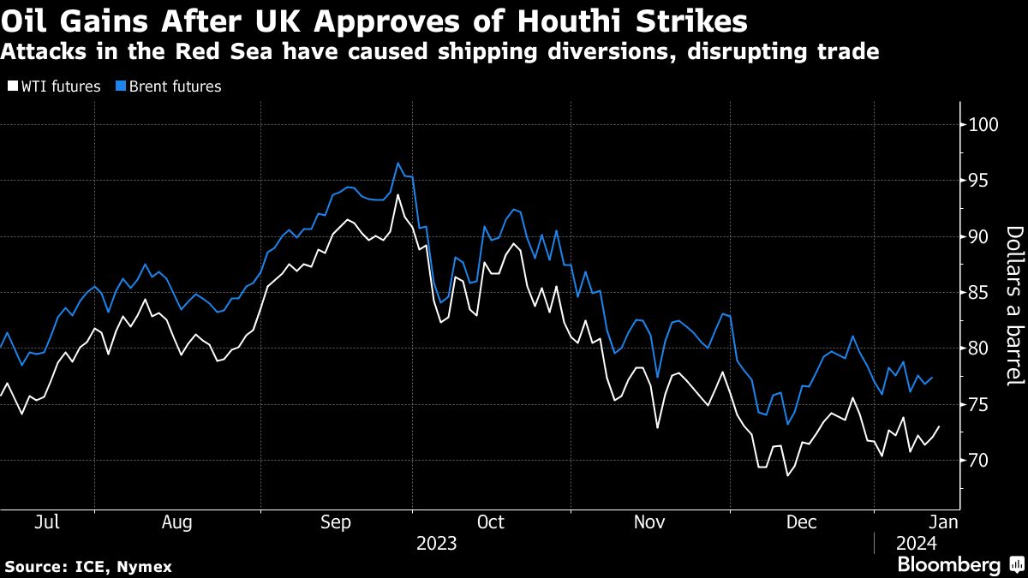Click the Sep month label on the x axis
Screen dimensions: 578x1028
(335, 521)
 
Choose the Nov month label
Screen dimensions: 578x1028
(648, 521)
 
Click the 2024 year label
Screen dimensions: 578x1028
(917, 544)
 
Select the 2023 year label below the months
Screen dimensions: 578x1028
(436, 544)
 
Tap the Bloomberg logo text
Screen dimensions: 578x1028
(948, 565)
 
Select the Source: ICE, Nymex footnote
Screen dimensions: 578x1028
(88, 567)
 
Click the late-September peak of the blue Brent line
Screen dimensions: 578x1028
(398, 163)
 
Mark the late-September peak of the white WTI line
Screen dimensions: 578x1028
(398, 194)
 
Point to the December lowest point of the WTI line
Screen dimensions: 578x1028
(787, 475)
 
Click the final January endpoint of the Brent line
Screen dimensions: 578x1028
(932, 378)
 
